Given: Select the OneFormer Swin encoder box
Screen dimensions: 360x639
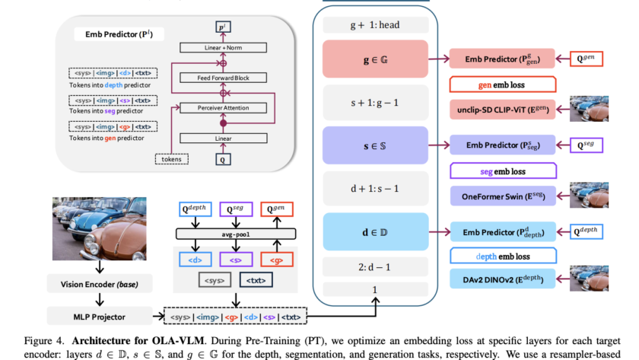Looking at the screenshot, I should tap(502, 196).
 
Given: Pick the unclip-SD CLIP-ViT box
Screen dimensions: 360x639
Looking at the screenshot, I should tap(502, 109).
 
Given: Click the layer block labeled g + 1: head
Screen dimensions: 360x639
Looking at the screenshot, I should tap(374, 24).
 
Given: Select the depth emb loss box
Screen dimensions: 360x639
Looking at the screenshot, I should tap(502, 256).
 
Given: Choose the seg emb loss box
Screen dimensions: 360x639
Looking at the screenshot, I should tap(502, 170).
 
